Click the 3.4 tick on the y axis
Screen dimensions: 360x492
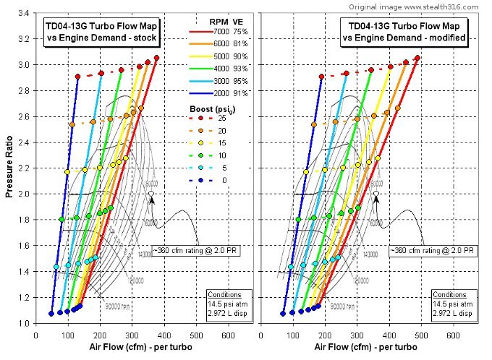(x=23, y=13)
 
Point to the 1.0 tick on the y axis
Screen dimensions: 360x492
(x=23, y=323)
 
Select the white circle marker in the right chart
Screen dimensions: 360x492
(x=376, y=194)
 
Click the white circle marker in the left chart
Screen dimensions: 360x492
(x=150, y=194)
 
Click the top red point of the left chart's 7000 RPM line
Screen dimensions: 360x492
(x=156, y=58)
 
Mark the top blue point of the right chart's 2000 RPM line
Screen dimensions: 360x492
(x=321, y=76)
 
